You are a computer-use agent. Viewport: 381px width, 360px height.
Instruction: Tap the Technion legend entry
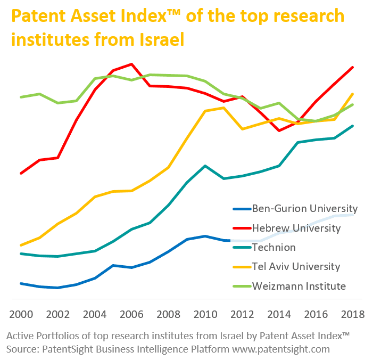pos(274,247)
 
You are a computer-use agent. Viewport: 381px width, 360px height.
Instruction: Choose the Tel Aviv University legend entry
pos(296,266)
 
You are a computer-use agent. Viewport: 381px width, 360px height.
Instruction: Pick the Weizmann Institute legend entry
pos(299,286)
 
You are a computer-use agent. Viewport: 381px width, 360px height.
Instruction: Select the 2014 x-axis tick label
pos(279,314)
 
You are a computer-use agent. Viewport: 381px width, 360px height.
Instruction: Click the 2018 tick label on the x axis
pos(352,314)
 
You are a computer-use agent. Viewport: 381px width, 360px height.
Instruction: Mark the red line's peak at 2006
pos(131,64)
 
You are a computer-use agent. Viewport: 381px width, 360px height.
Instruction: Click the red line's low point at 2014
pos(279,130)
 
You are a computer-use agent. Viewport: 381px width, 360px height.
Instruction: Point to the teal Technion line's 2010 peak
pos(205,166)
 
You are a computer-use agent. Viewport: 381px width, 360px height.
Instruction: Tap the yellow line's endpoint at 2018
pos(353,94)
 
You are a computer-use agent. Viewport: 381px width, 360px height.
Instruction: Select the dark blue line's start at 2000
pos(21,283)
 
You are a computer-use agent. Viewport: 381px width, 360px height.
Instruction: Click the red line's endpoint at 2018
pos(353,68)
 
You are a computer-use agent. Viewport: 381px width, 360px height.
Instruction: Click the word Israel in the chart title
pos(160,39)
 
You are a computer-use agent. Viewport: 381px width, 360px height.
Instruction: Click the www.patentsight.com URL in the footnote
pos(278,349)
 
